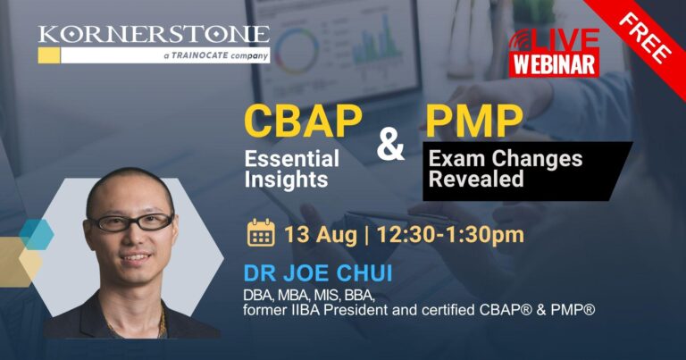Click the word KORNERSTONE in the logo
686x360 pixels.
coord(154,35)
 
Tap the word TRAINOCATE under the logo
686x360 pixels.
coord(199,56)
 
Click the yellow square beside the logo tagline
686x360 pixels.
coord(49,55)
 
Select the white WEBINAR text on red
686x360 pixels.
coord(554,64)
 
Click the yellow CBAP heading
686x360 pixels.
coord(303,121)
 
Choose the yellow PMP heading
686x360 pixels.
coord(474,121)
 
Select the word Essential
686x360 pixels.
coord(292,158)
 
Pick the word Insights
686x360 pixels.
coord(286,180)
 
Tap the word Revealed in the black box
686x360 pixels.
coord(476,179)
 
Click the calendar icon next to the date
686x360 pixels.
coord(261,233)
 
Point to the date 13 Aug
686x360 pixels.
coord(321,235)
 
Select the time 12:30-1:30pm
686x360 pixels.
coord(450,235)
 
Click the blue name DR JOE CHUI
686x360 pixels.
coord(318,273)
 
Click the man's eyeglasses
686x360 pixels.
coord(131,222)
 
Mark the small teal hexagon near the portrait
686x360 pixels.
coord(37,234)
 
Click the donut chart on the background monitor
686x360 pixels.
coord(297,50)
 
